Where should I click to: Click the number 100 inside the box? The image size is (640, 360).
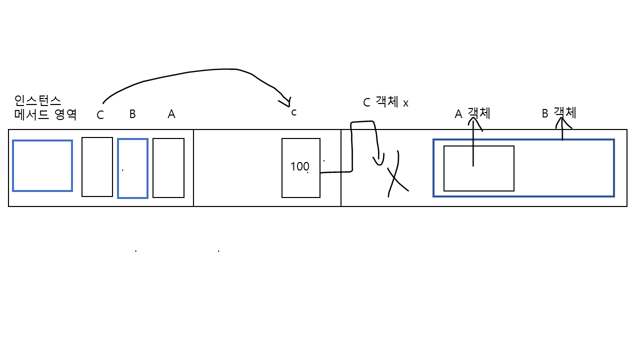[x=299, y=166]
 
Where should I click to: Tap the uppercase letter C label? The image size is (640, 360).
[x=100, y=115]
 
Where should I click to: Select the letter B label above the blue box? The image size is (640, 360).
[x=132, y=114]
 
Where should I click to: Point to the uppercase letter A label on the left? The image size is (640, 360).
[x=171, y=114]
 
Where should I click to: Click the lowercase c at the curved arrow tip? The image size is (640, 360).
[x=294, y=112]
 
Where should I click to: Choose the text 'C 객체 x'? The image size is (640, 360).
[x=385, y=102]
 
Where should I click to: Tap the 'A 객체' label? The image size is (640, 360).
[x=472, y=113]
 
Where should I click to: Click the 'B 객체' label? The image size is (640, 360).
[x=559, y=113]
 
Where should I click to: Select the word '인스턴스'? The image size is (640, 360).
[x=37, y=100]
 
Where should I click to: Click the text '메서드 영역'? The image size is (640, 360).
[x=45, y=114]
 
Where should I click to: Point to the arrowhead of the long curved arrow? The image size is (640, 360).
[x=285, y=102]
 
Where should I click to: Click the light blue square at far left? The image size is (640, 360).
[x=42, y=165]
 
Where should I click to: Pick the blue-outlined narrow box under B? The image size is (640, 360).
[x=132, y=168]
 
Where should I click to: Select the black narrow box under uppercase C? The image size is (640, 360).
[x=97, y=167]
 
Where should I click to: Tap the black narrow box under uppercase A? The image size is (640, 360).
[x=168, y=168]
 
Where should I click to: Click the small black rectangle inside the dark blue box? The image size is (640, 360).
[x=478, y=168]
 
